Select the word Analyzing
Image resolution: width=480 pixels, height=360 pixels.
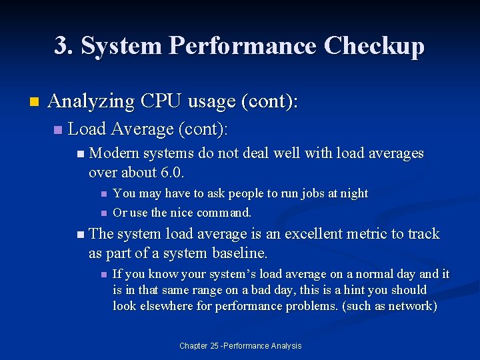(92, 101)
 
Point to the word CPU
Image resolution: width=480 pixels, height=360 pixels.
(162, 101)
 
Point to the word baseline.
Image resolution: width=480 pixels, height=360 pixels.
(239, 253)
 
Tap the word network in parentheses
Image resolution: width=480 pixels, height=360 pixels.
(409, 306)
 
